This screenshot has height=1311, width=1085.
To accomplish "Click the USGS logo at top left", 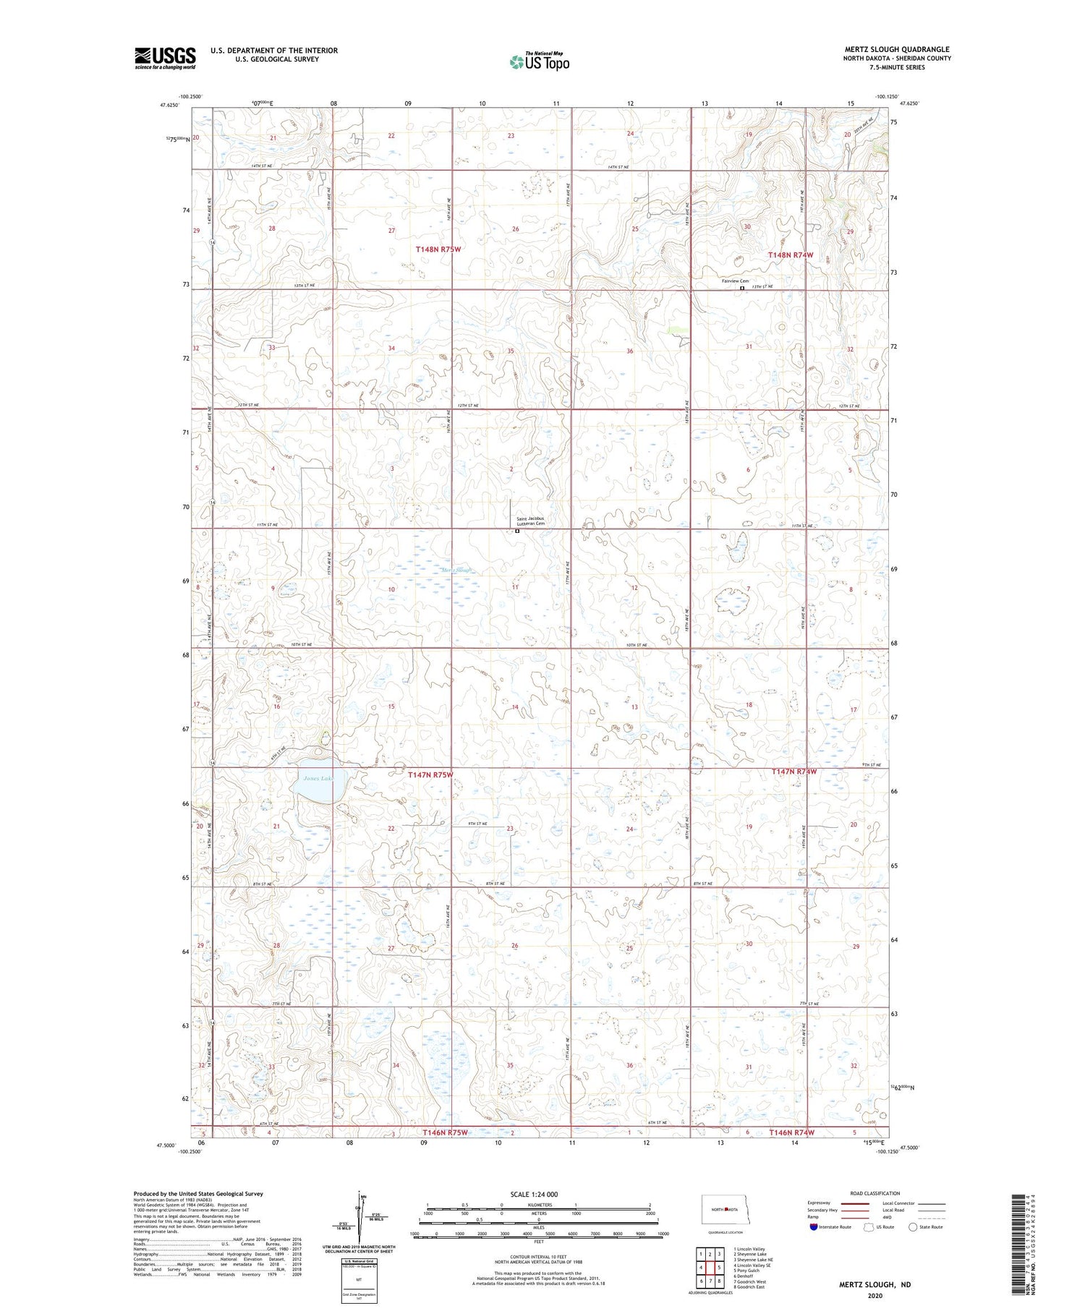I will (165, 58).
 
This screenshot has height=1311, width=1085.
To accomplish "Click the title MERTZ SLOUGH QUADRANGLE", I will (897, 49).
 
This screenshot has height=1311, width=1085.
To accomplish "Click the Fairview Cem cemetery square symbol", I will (742, 288).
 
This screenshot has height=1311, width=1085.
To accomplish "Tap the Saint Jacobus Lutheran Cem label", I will (530, 521).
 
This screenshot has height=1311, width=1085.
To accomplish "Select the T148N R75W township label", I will (438, 249).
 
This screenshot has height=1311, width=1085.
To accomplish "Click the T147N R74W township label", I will (793, 772).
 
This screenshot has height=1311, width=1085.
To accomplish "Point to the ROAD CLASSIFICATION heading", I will (875, 1193).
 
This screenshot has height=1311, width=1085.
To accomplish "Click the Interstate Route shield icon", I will (814, 1227).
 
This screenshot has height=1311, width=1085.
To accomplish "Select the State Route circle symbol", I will (913, 1227).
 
